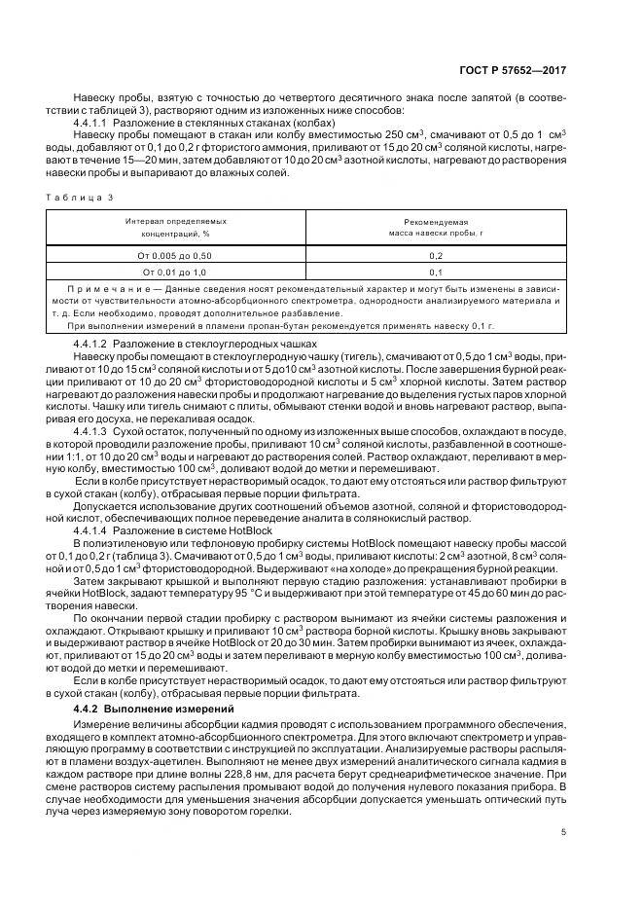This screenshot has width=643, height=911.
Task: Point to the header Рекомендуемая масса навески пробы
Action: click(436, 228)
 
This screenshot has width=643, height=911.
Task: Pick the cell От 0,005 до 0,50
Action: click(175, 254)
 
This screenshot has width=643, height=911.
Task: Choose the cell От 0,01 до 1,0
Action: click(175, 272)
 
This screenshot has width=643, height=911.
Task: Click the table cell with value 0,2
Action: click(436, 254)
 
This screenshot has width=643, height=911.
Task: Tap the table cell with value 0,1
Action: click(436, 272)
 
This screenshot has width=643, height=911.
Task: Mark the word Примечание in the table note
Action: click(101, 291)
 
